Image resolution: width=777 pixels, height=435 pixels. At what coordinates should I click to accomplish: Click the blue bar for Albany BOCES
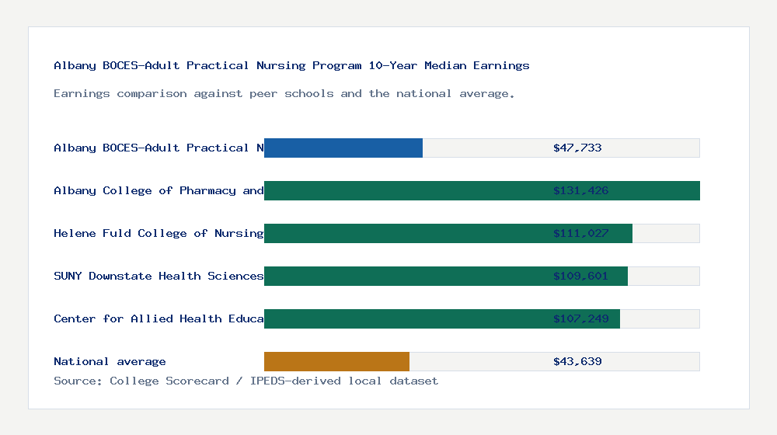tap(343, 148)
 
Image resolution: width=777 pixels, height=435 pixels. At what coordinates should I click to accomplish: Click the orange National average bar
tap(336, 361)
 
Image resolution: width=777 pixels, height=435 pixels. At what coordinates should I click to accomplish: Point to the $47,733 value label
tap(577, 148)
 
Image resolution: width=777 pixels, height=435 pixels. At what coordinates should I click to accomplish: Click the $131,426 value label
tap(580, 190)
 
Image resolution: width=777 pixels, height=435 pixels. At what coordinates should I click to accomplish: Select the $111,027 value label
tap(580, 233)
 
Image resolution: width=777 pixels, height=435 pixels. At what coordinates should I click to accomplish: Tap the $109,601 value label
tap(580, 276)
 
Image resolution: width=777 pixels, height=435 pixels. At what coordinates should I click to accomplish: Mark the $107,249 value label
tap(580, 318)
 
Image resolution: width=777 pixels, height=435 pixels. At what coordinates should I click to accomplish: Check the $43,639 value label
tap(577, 361)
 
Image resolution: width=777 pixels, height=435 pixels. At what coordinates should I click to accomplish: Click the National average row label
tap(110, 361)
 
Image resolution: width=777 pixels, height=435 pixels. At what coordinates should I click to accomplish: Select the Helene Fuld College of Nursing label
tap(159, 233)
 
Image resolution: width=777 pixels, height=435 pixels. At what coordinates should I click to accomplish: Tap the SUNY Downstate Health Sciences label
tap(159, 276)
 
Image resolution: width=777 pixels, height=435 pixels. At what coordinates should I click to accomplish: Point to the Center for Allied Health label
tap(159, 318)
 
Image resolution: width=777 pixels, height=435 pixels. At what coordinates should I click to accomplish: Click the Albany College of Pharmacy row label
tap(159, 190)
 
